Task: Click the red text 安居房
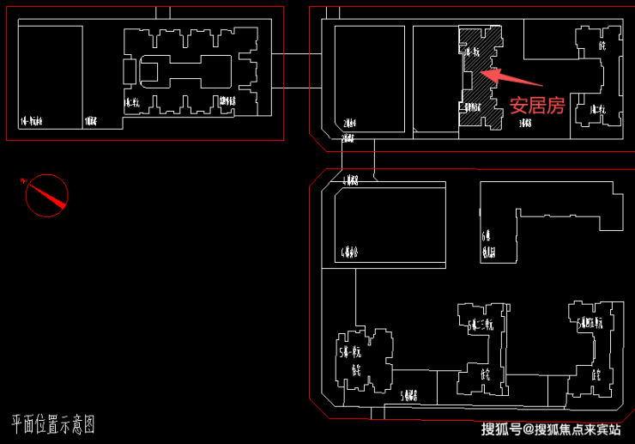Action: (x=537, y=106)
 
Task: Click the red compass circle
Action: (x=46, y=196)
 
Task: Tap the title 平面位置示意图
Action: (x=53, y=424)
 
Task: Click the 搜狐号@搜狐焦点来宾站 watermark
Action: (x=550, y=429)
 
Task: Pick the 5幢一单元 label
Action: (x=350, y=352)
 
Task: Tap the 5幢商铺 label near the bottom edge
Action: (x=409, y=396)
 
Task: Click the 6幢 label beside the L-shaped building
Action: (x=487, y=235)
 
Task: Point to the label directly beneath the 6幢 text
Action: (x=488, y=252)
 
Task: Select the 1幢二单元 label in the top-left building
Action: (x=131, y=104)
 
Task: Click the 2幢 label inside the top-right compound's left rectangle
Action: (x=348, y=123)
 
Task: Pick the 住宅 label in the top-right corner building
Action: (x=602, y=46)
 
